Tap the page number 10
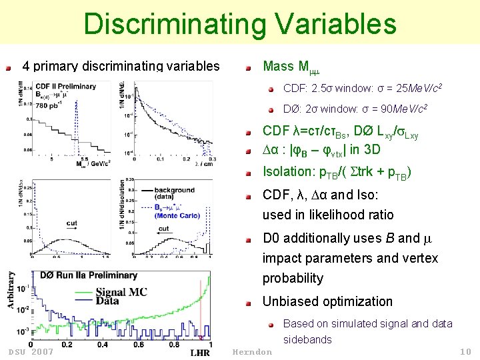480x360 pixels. (465, 351)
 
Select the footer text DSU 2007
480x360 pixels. (31, 351)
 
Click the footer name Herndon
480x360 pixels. (252, 351)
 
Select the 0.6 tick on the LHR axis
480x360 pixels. (138, 345)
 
